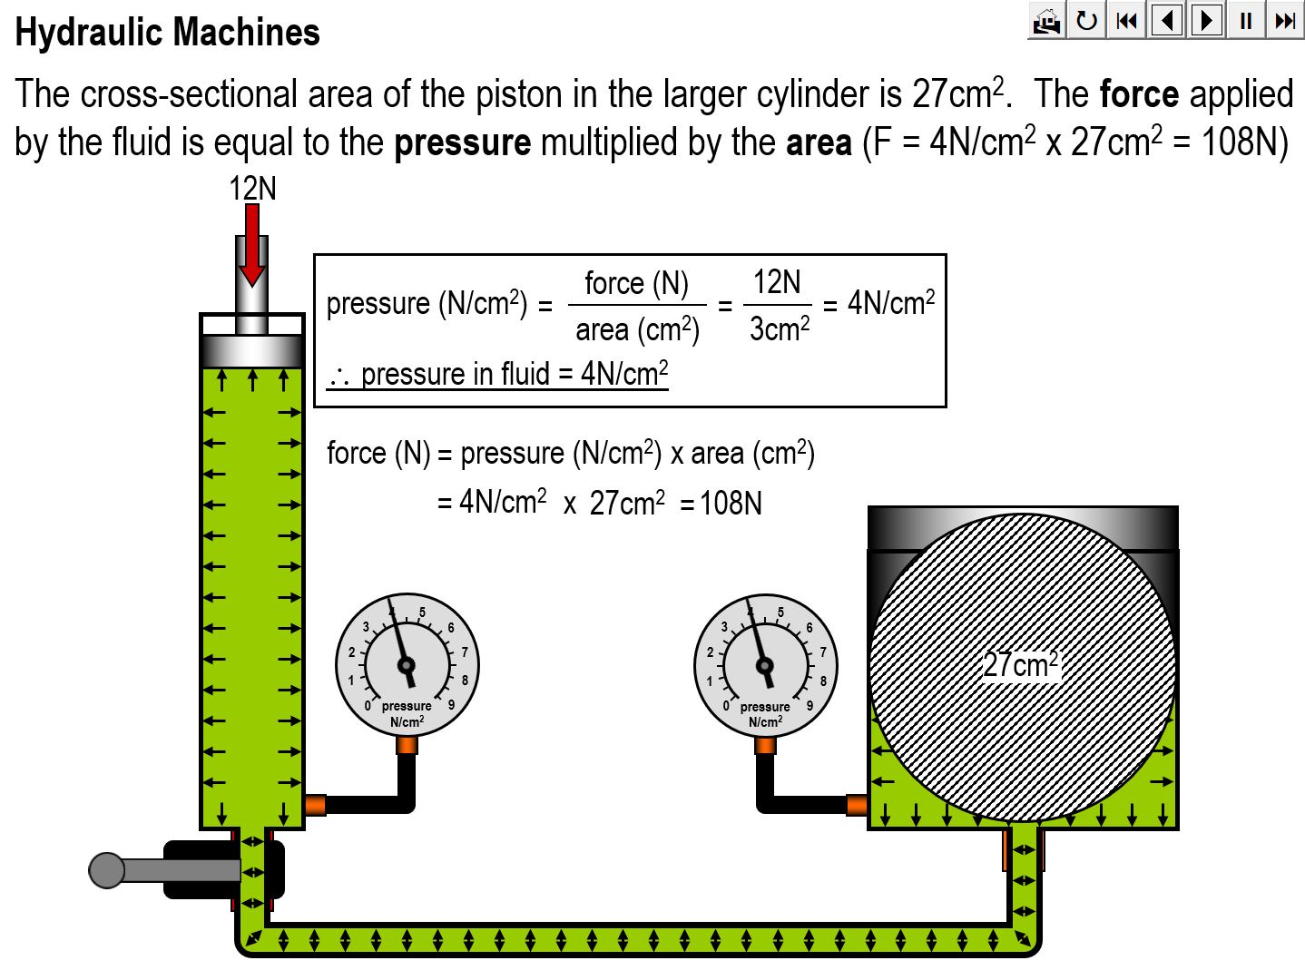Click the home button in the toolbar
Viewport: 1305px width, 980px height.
tap(1046, 20)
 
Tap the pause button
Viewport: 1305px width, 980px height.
tap(1246, 20)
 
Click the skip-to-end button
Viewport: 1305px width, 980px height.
tap(1285, 20)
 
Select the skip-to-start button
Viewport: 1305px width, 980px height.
tap(1126, 20)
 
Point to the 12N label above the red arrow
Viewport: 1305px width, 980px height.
tap(252, 189)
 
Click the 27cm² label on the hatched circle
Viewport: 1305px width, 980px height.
tap(1021, 665)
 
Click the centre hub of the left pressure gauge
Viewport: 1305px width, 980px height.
tap(407, 666)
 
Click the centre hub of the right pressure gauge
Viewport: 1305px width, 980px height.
tap(765, 666)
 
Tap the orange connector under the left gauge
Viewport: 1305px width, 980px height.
tap(407, 745)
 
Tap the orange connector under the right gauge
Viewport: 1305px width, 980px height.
tap(765, 745)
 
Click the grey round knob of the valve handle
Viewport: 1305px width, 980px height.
tap(107, 870)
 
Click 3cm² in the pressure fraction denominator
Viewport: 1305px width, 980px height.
tap(779, 328)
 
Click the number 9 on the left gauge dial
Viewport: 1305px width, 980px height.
tap(451, 704)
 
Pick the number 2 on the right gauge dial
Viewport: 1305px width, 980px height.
tap(710, 652)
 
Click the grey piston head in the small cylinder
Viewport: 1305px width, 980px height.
tap(252, 351)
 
